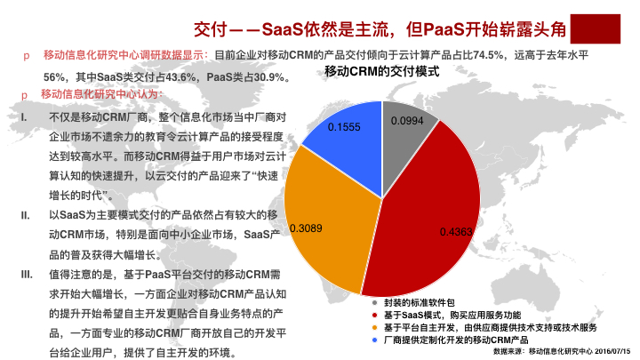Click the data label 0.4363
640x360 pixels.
click(x=456, y=232)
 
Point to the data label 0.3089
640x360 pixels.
click(x=306, y=228)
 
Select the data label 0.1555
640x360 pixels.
click(x=344, y=127)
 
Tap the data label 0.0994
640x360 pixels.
click(x=407, y=121)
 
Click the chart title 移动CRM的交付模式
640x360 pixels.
click(x=382, y=71)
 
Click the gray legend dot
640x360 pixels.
click(x=375, y=303)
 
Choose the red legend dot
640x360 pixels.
click(x=375, y=315)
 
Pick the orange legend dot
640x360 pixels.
click(x=375, y=327)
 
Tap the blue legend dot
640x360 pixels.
click(x=375, y=340)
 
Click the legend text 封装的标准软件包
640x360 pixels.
click(x=420, y=303)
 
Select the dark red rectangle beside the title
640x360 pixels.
click(x=595, y=28)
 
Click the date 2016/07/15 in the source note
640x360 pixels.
click(x=612, y=351)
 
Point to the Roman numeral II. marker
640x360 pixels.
click(x=25, y=215)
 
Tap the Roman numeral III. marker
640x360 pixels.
click(x=27, y=275)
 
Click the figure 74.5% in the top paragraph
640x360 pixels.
click(x=488, y=55)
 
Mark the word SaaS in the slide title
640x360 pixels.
click(x=283, y=29)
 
